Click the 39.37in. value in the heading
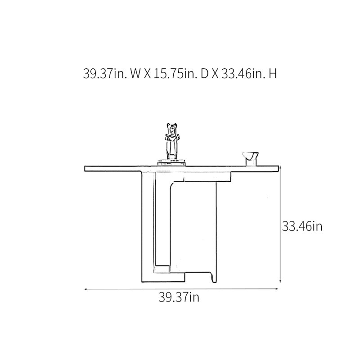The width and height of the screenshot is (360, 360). [x=105, y=74]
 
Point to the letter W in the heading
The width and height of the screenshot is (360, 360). [x=135, y=74]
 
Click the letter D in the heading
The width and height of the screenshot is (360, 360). [x=204, y=74]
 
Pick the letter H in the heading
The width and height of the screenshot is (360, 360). [x=273, y=74]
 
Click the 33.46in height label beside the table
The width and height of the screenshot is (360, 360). [x=302, y=226]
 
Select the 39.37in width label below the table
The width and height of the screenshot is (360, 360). [x=179, y=297]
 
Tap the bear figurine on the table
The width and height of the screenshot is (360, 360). [x=172, y=141]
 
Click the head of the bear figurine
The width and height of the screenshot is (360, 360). [x=172, y=129]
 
